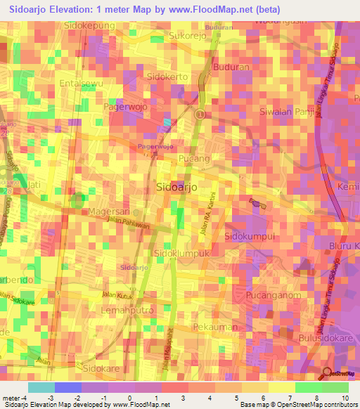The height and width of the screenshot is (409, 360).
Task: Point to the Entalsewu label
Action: coord(82,83)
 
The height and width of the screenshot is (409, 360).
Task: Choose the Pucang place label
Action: coord(195,159)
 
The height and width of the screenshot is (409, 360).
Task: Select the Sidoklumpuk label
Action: coord(183,252)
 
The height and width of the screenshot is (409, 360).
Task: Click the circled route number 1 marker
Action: coord(200,114)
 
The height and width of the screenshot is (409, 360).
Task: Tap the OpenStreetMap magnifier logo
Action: coord(327,374)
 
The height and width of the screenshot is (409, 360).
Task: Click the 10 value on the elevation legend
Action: coord(345,398)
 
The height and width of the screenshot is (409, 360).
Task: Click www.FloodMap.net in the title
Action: coord(211,10)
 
